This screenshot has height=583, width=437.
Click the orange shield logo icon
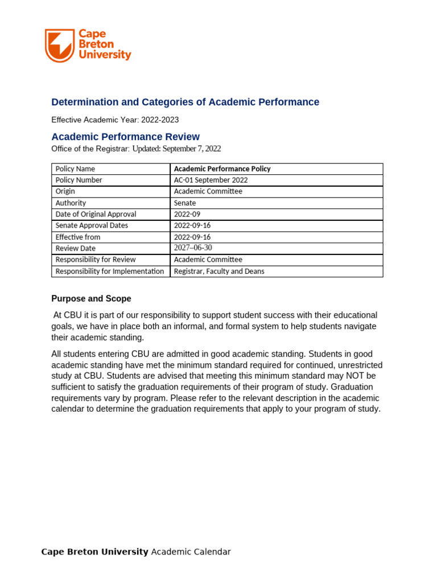[59, 46]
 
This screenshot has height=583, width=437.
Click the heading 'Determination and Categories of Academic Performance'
[185, 102]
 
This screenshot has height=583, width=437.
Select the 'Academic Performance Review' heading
[126, 137]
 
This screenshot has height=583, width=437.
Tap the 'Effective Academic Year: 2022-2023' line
[115, 120]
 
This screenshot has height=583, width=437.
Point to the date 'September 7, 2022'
[192, 149]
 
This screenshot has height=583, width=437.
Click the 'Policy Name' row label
[75, 169]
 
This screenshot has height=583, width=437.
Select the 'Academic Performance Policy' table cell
[222, 169]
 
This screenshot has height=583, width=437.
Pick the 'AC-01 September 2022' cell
[211, 180]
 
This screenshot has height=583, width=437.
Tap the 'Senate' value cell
[185, 203]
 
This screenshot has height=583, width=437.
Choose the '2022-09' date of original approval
[187, 214]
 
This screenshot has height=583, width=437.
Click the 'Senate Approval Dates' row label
[92, 225]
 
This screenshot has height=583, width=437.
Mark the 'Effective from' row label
[78, 237]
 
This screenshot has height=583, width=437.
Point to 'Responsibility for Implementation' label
[110, 271]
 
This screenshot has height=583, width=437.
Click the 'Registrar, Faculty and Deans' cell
[219, 271]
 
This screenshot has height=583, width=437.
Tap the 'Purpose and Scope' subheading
[91, 298]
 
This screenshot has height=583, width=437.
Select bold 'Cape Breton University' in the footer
[94, 552]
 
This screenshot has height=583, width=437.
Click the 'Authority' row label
[71, 203]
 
